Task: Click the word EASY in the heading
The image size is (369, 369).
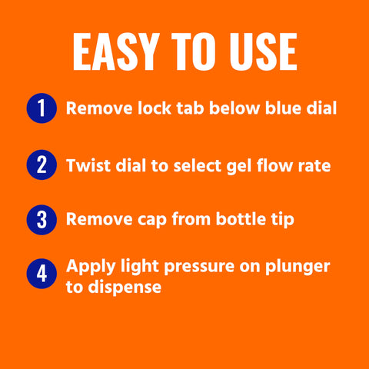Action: (115, 52)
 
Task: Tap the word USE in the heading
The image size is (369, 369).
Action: (263, 52)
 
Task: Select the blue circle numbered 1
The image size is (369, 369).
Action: (42, 108)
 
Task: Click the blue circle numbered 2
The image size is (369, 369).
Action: (42, 165)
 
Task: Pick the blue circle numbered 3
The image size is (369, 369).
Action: (42, 220)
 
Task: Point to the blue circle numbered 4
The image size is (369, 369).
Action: (42, 274)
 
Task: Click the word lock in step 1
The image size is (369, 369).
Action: (155, 108)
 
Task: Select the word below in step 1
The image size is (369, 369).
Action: (234, 108)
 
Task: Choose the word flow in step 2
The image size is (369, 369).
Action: (274, 165)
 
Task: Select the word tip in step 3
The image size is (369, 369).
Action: (283, 220)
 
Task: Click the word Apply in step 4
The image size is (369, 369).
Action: (91, 268)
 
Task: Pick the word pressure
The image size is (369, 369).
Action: (199, 268)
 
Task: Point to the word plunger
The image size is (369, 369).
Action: (298, 268)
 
